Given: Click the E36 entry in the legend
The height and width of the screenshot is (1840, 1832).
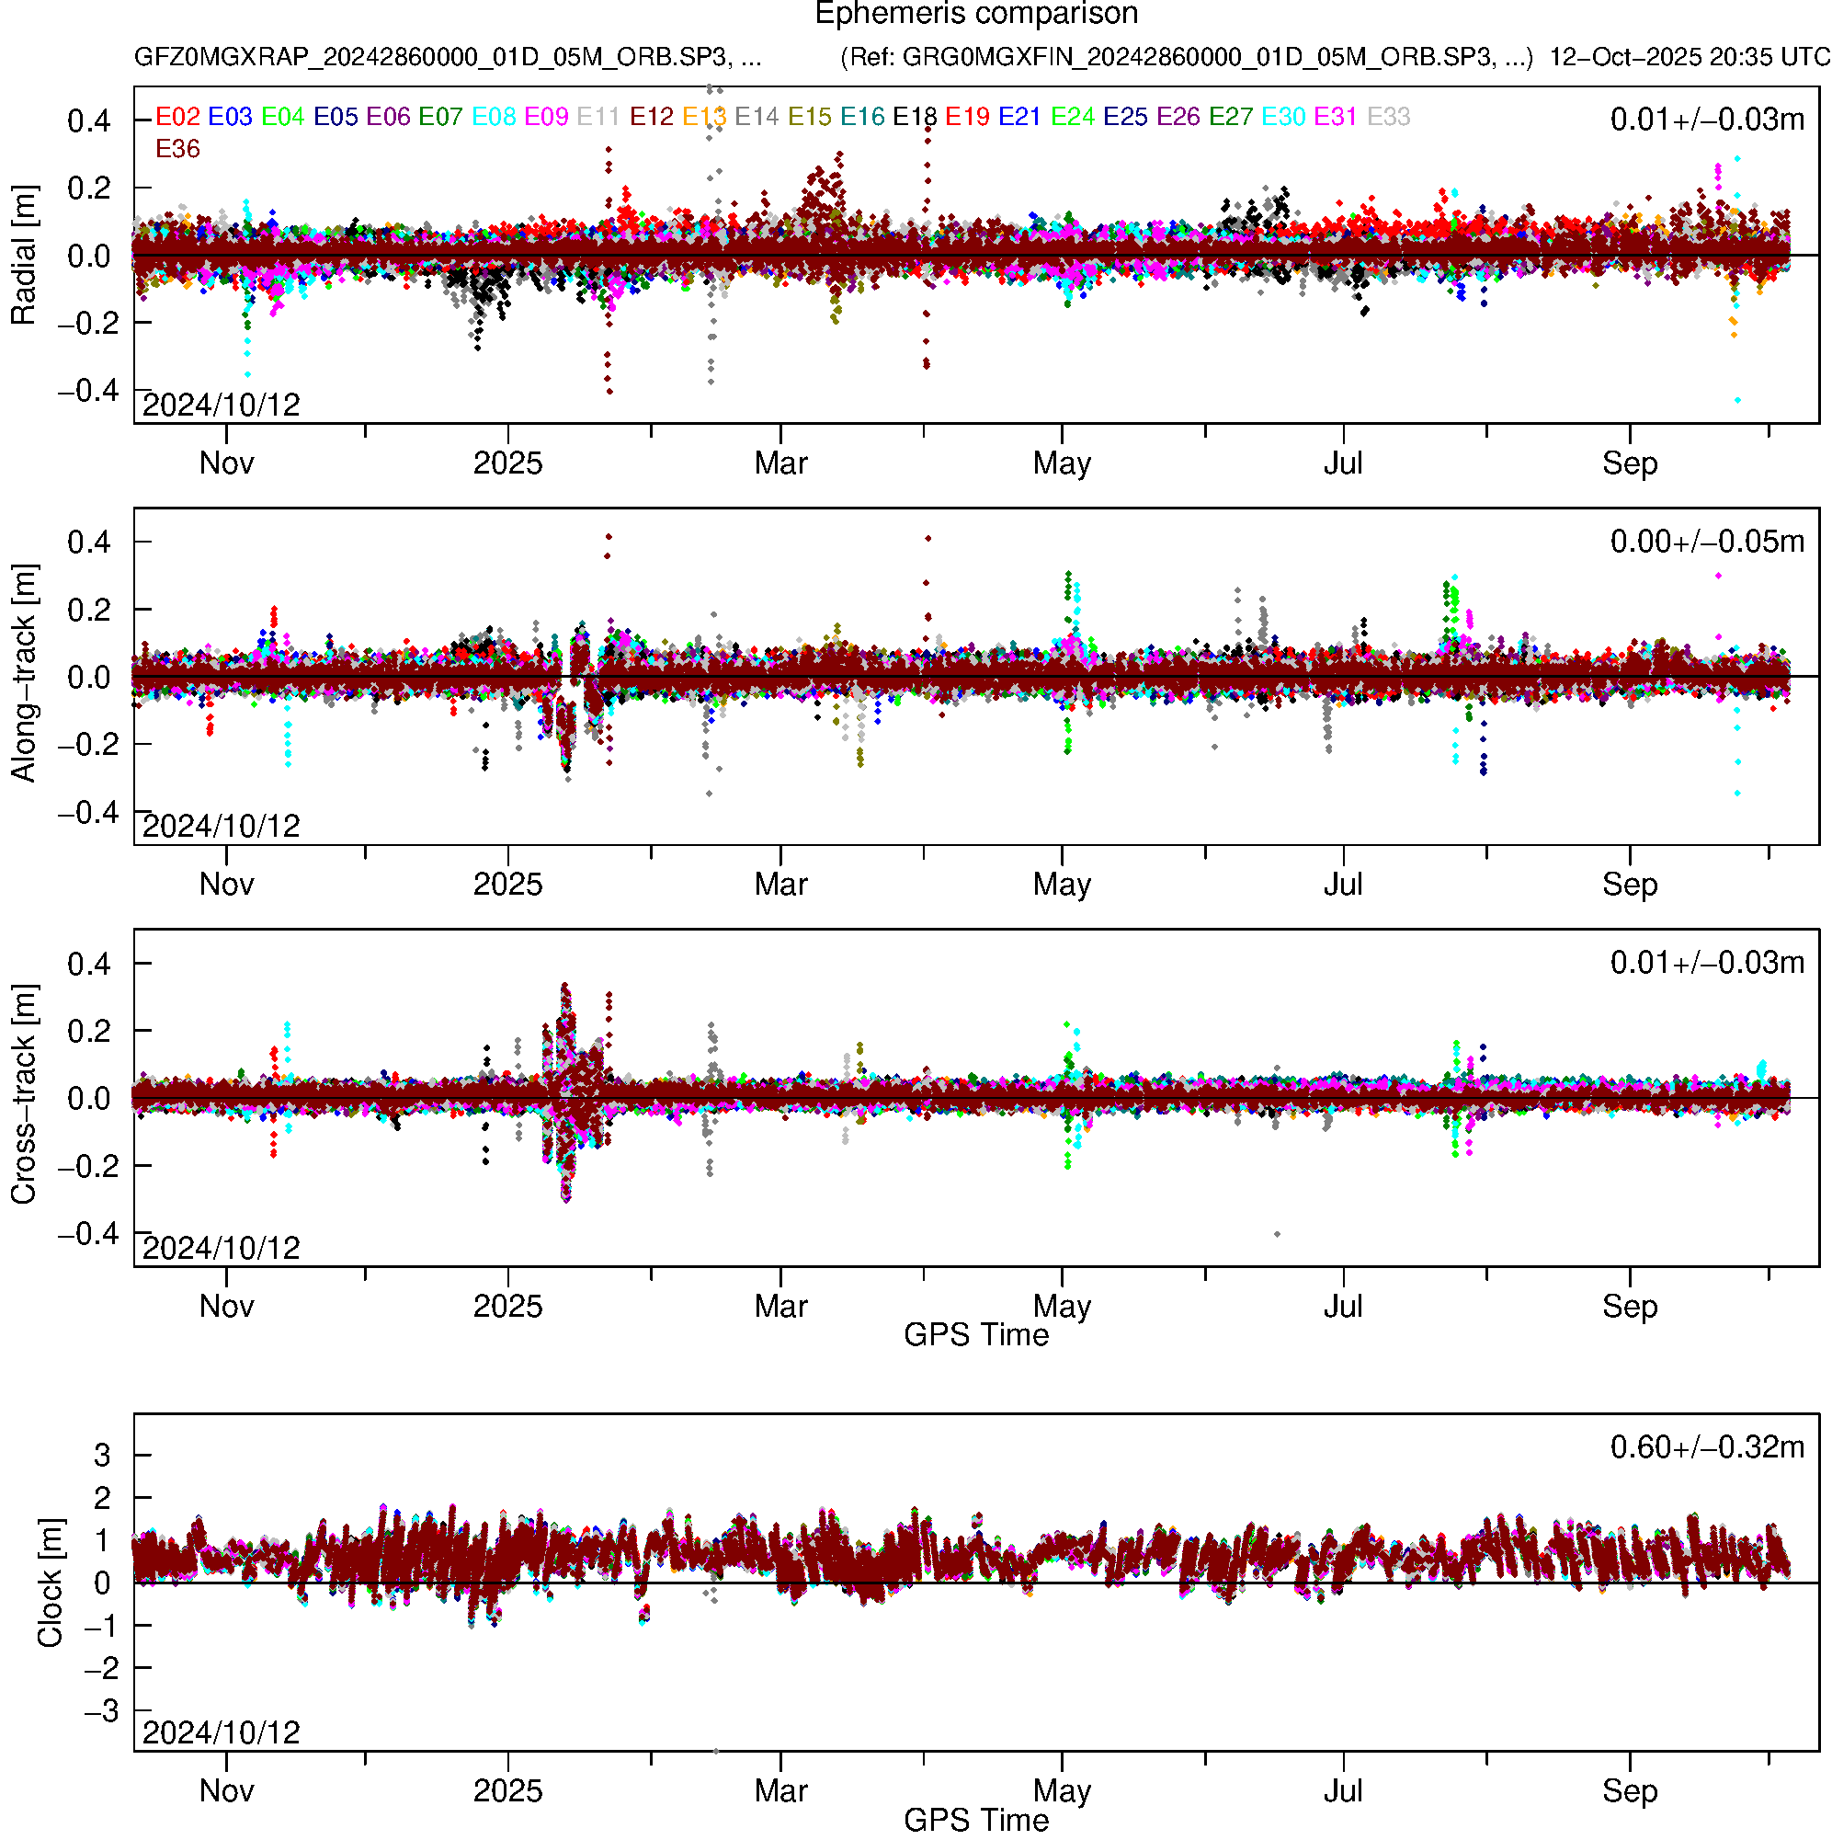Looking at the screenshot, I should (x=177, y=149).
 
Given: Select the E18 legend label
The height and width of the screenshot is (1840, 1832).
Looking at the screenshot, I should (x=914, y=116).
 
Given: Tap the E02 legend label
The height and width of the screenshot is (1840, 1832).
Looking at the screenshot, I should (x=177, y=116).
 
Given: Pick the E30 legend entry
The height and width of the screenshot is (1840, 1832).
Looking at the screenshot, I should (x=1282, y=116).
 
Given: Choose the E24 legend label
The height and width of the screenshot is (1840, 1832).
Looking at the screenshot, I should (x=1072, y=116).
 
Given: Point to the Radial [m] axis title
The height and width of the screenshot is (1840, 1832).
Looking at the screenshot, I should (x=23, y=256).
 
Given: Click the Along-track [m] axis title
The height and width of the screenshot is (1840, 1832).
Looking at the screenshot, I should (x=23, y=674).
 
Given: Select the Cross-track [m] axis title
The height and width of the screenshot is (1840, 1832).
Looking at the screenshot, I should (x=23, y=1095).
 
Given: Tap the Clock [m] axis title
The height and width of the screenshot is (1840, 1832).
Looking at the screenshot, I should (x=50, y=1582).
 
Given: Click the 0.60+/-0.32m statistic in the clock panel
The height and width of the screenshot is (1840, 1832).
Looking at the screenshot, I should (x=1706, y=1446).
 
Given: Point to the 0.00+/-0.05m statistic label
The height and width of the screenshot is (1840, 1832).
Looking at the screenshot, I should (x=1706, y=541).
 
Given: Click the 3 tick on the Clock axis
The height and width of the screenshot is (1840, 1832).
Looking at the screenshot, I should (x=102, y=1455).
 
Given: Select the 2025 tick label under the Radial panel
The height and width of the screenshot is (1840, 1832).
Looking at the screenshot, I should (x=507, y=463).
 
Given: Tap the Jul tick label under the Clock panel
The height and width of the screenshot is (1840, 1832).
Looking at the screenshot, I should (x=1343, y=1790).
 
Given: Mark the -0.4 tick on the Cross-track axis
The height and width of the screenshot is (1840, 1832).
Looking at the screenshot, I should (x=88, y=1233).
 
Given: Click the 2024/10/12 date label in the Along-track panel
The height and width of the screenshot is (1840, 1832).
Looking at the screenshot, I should (x=221, y=826).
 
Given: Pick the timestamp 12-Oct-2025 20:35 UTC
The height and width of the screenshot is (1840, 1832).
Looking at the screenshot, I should (x=1690, y=57).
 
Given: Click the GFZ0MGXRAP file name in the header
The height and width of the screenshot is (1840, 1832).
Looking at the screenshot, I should (x=448, y=57).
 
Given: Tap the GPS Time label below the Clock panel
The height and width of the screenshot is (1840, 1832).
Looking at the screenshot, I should (x=976, y=1820).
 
